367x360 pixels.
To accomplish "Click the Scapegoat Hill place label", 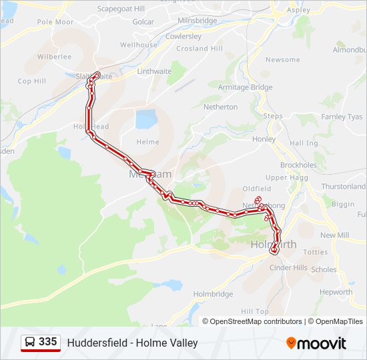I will (121, 9).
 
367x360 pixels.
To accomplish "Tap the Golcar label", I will (143, 22).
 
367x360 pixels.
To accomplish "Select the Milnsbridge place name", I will (198, 21).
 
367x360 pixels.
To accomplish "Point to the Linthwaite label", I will (153, 71).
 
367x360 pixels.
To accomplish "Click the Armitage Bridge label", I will (246, 87).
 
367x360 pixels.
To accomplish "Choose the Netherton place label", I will (220, 107).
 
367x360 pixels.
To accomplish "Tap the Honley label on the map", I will (264, 139).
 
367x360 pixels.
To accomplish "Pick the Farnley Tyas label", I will (342, 117).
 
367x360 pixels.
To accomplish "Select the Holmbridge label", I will (213, 294).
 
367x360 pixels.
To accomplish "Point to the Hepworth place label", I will (336, 292).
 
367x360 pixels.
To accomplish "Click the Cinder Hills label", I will (288, 267).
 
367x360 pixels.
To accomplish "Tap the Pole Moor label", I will (55, 22).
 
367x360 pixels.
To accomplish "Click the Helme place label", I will (147, 142).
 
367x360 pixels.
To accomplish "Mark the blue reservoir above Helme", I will (145, 120).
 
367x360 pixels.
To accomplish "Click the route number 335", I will (47, 342).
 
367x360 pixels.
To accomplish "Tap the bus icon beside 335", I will (30, 343).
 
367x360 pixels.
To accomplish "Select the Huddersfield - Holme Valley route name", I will (132, 343).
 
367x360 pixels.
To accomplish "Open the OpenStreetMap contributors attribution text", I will (256, 321).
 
